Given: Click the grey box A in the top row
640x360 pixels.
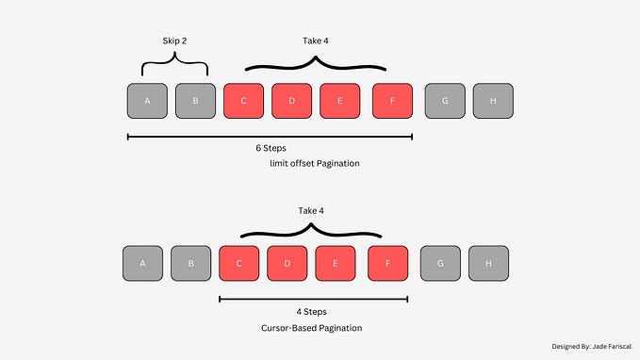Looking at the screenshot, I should (x=147, y=101).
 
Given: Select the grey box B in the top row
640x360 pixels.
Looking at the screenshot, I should (x=195, y=101).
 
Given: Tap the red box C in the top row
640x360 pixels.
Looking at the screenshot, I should (x=243, y=101).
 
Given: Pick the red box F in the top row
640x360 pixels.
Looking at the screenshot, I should (x=392, y=101).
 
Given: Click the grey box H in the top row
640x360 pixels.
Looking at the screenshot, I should (x=492, y=101).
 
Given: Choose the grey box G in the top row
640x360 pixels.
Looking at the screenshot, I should (x=444, y=101).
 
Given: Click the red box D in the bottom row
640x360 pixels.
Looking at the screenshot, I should (x=287, y=263).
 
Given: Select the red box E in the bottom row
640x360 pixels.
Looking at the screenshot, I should (x=335, y=263).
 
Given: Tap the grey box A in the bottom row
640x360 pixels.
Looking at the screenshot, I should (x=142, y=263).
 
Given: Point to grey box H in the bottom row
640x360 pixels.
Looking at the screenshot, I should (x=488, y=263).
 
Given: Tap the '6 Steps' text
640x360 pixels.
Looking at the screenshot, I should (x=271, y=149).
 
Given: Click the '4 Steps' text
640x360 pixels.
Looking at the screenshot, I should (x=312, y=311).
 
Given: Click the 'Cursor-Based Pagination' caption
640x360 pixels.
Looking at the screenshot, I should (x=312, y=328).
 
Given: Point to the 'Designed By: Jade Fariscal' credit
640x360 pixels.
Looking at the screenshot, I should (x=590, y=347).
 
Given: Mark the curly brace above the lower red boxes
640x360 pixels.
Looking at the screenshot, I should (x=312, y=231).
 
